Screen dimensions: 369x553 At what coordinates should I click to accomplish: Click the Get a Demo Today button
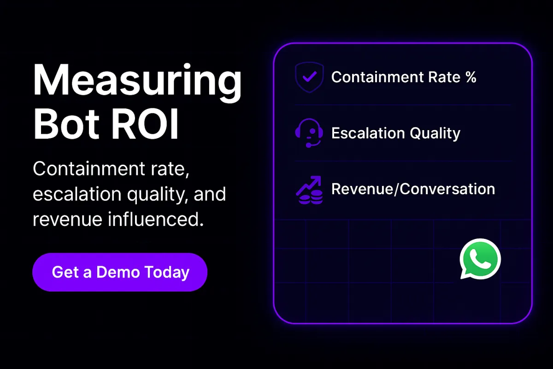120,272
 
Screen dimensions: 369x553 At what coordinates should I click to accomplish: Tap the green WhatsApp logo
480,259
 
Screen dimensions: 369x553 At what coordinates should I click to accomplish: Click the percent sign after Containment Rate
470,77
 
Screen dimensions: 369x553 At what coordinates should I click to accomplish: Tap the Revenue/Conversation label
413,189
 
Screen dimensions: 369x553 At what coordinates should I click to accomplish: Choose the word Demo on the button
118,272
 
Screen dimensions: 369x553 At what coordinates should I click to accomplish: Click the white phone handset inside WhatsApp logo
480,258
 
